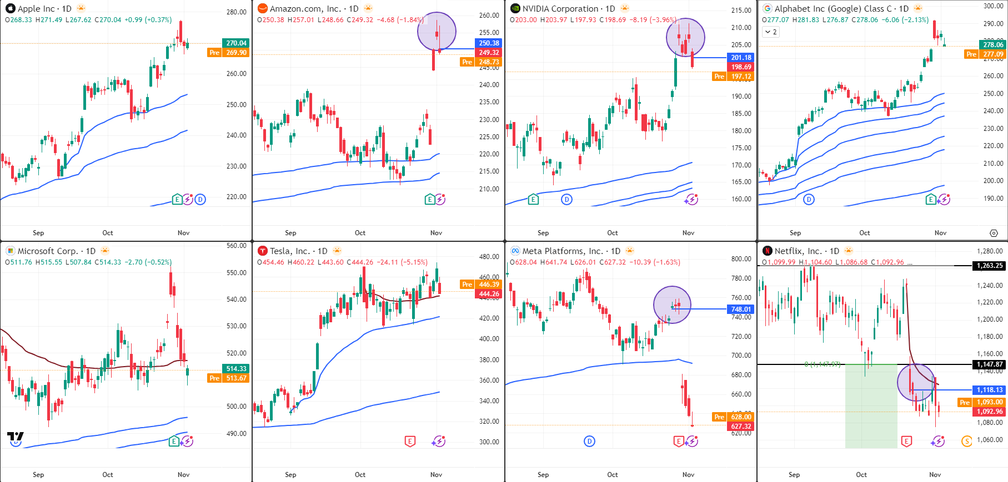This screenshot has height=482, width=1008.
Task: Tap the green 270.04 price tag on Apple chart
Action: coord(236,43)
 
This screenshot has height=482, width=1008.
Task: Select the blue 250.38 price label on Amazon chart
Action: coord(489,43)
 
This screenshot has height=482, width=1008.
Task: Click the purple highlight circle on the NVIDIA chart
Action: coord(685,38)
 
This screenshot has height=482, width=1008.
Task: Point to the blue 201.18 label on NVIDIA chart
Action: coord(741,58)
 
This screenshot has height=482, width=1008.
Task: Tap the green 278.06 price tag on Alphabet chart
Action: coord(993,45)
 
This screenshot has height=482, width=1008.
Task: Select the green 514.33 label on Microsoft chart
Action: coord(236,369)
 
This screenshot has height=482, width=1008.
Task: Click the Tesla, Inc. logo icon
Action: coord(263,251)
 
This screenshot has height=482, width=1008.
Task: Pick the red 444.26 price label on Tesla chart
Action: coord(489,294)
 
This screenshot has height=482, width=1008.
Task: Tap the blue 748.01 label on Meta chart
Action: coord(741,310)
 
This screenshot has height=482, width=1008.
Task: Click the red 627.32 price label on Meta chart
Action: coord(741,427)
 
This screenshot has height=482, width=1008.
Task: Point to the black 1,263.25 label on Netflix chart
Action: coord(990,266)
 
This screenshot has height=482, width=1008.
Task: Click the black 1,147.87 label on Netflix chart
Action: coord(990,364)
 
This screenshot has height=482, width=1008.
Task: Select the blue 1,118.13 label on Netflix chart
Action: coord(990,390)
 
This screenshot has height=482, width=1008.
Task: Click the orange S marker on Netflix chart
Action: coord(966,442)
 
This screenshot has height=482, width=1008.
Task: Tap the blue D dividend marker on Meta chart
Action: coord(589,442)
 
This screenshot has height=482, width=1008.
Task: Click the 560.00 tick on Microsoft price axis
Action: coord(236,246)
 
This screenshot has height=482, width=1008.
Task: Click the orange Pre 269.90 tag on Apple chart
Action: coord(229,53)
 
